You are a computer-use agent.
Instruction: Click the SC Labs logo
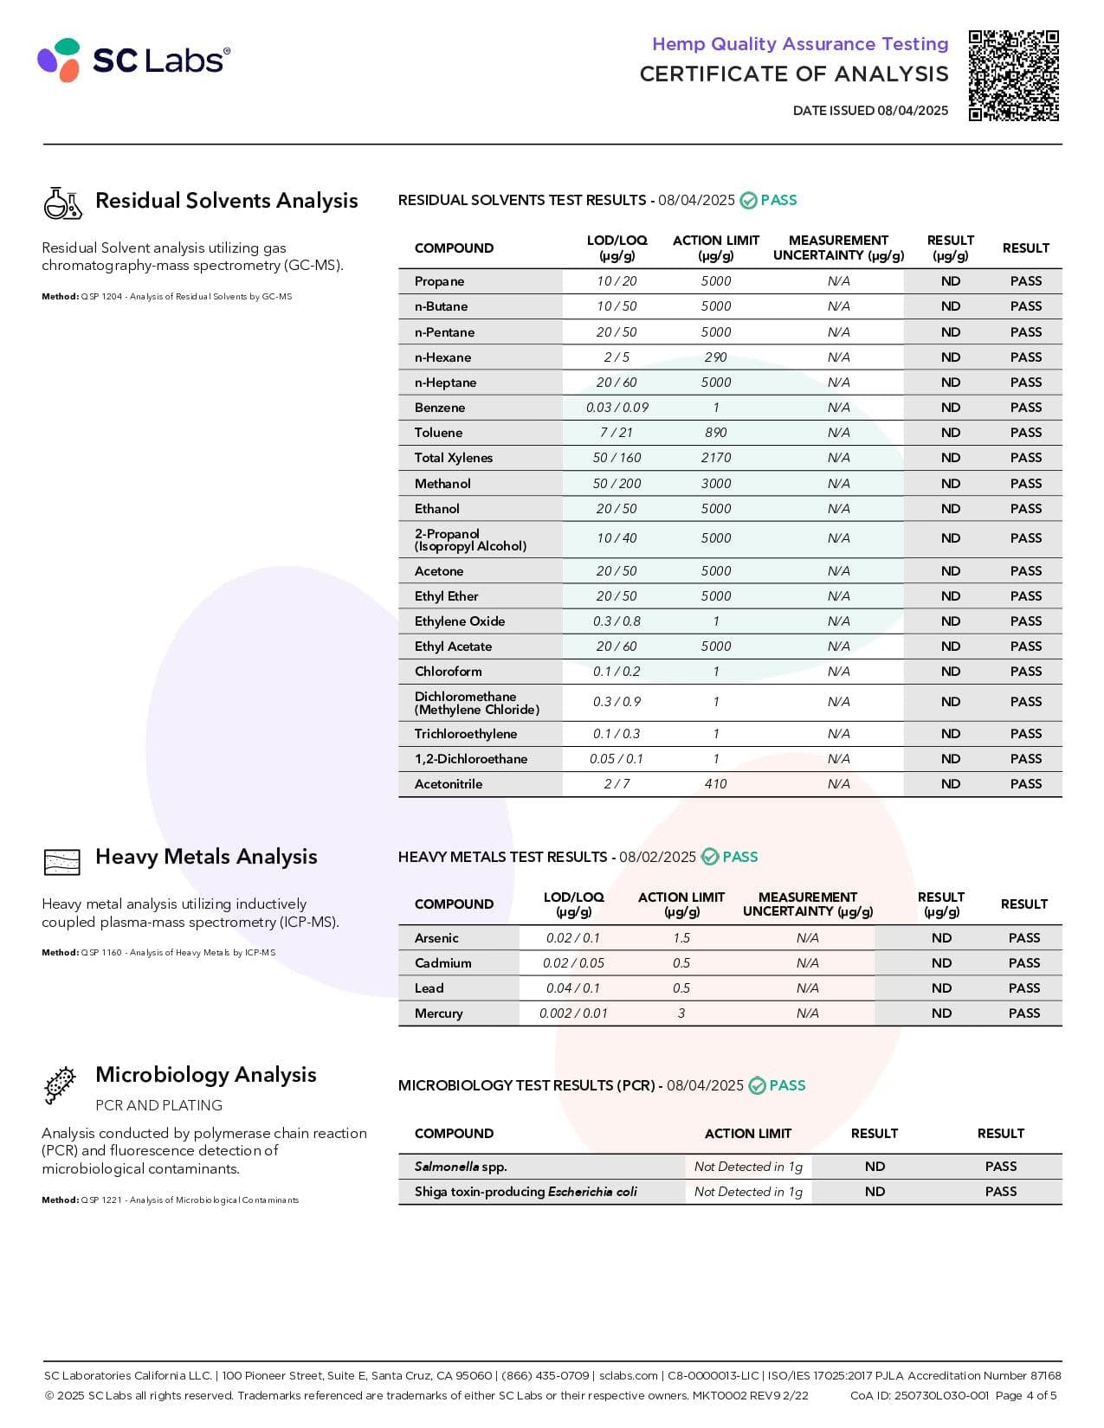coord(133,60)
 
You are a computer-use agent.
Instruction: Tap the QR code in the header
coord(1013,75)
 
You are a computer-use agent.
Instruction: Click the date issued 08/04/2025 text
coord(870,111)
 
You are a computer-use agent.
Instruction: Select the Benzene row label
coord(440,408)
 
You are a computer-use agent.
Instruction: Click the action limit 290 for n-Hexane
coord(715,357)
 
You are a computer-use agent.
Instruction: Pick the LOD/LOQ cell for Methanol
coord(617,484)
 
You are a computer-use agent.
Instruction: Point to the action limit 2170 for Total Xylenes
coord(715,458)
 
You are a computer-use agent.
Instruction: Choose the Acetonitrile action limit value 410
coord(715,784)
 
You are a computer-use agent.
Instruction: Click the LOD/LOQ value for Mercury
coord(573,1013)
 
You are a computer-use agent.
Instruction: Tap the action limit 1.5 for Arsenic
coord(681,938)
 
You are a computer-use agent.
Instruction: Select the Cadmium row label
coord(443,963)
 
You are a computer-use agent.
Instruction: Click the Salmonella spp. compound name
coord(461,1167)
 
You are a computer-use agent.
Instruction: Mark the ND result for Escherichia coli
coord(875,1192)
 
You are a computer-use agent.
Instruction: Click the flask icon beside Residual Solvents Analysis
coord(62,203)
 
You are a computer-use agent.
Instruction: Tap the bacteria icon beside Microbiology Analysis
coord(60,1085)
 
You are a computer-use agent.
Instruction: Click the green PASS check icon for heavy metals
coord(710,857)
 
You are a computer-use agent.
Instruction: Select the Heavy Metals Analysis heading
coord(206,857)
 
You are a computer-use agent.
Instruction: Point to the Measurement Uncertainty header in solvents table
coord(838,248)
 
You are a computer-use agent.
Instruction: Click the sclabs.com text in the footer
coord(628,1375)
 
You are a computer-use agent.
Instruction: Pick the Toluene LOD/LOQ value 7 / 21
coord(617,433)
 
